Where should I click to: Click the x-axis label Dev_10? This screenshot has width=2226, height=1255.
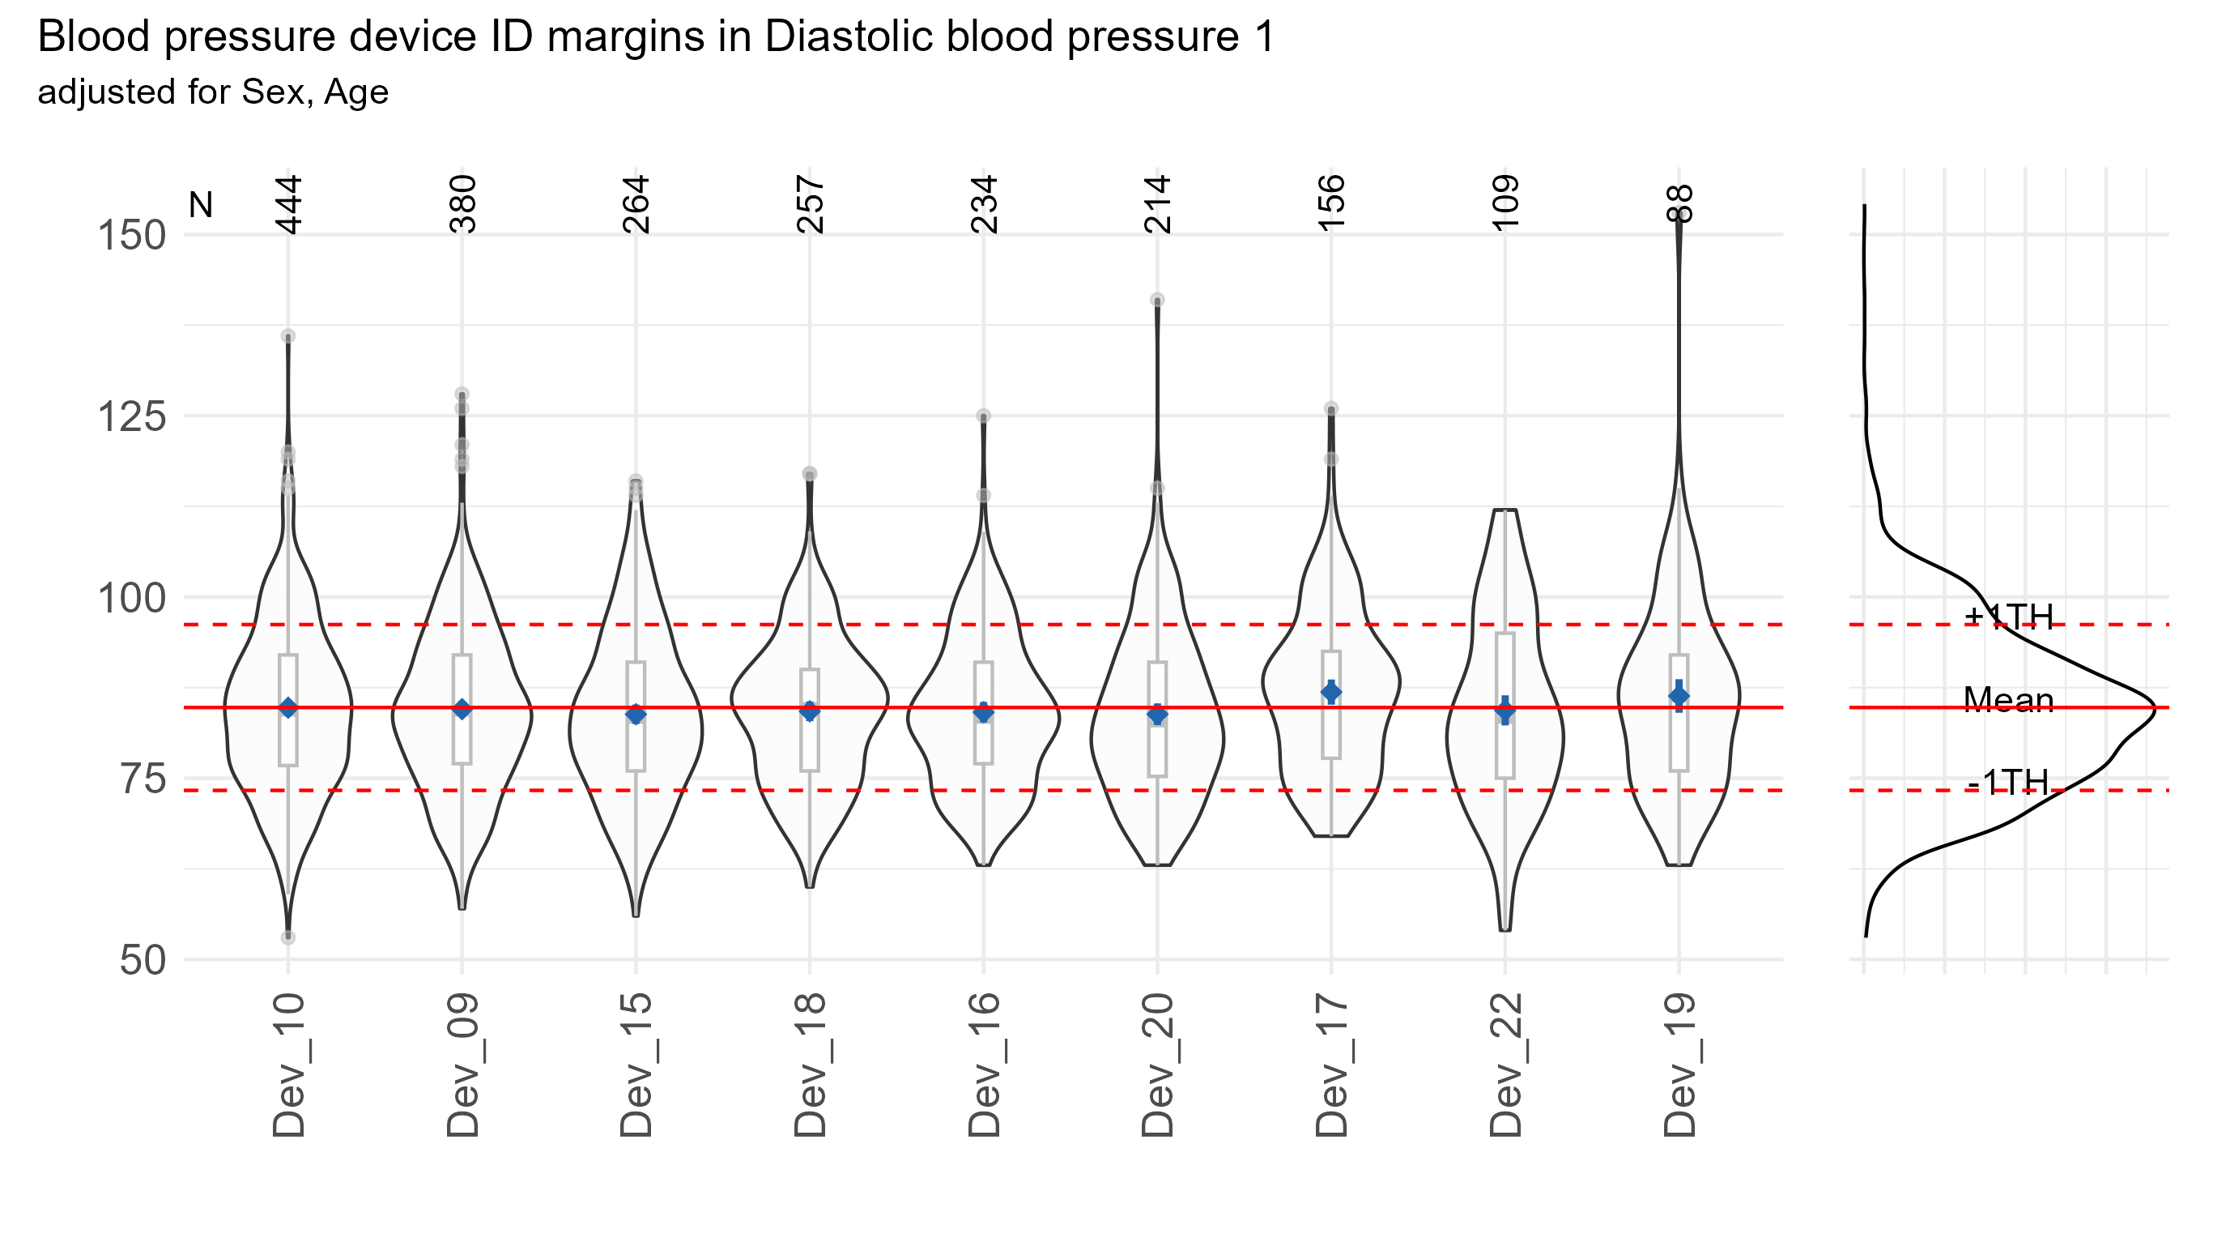[x=288, y=1065]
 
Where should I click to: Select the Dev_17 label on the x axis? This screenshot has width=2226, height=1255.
[x=1331, y=1065]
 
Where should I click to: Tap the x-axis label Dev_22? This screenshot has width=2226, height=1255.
[x=1505, y=1065]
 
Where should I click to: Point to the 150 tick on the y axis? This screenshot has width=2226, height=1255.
[x=131, y=235]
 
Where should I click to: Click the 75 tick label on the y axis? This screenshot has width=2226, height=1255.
[x=143, y=779]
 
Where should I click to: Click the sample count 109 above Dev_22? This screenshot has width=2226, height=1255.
[x=1505, y=203]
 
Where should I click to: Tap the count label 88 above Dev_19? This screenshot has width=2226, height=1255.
[x=1680, y=205]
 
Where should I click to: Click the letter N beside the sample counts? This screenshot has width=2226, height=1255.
[x=201, y=206]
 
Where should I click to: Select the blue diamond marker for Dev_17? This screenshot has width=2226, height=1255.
[x=1331, y=693]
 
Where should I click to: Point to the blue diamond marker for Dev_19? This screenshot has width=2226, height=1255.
[x=1679, y=696]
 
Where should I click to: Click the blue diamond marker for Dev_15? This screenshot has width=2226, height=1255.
[x=636, y=715]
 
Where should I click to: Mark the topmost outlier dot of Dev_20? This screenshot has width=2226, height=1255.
[x=1157, y=300]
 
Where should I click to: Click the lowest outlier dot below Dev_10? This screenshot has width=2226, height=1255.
[x=287, y=937]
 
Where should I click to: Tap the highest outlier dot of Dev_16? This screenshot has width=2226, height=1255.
[x=983, y=416]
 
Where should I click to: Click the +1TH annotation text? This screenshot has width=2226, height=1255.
[x=2009, y=617]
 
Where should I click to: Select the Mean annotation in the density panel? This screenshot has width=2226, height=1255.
[x=2008, y=700]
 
